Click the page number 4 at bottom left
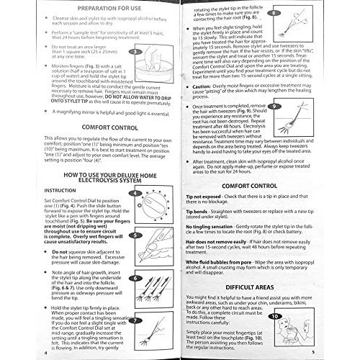pos(45,354)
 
